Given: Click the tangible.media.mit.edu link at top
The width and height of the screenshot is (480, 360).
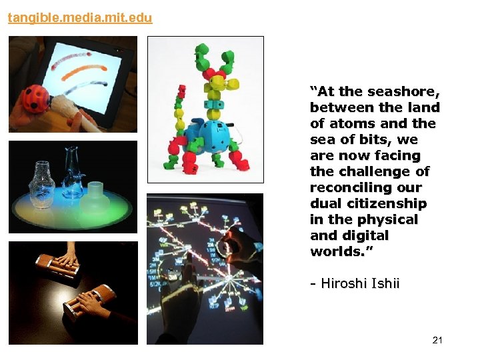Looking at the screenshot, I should coord(80,18).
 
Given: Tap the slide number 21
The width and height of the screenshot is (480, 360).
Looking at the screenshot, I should coord(437,340).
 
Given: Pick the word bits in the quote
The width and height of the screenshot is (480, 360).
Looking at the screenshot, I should coord(375,139).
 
